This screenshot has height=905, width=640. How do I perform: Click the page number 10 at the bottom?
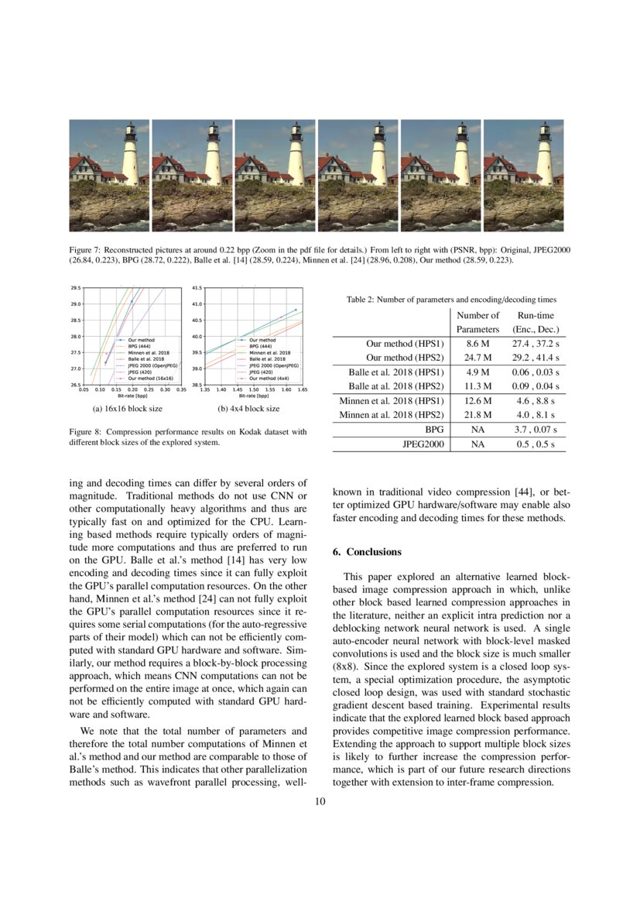coord(320,801)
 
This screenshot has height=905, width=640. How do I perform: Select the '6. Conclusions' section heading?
coord(367,552)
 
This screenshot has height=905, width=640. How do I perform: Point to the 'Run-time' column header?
coord(536,315)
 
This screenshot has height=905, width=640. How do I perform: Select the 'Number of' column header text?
coord(477,315)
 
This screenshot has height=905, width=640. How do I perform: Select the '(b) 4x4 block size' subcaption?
coord(248,408)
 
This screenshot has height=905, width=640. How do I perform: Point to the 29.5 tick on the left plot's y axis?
coord(76,288)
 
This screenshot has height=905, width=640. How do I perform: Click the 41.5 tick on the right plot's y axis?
coord(197,288)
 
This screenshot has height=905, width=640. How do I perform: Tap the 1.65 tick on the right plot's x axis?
coord(301,390)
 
